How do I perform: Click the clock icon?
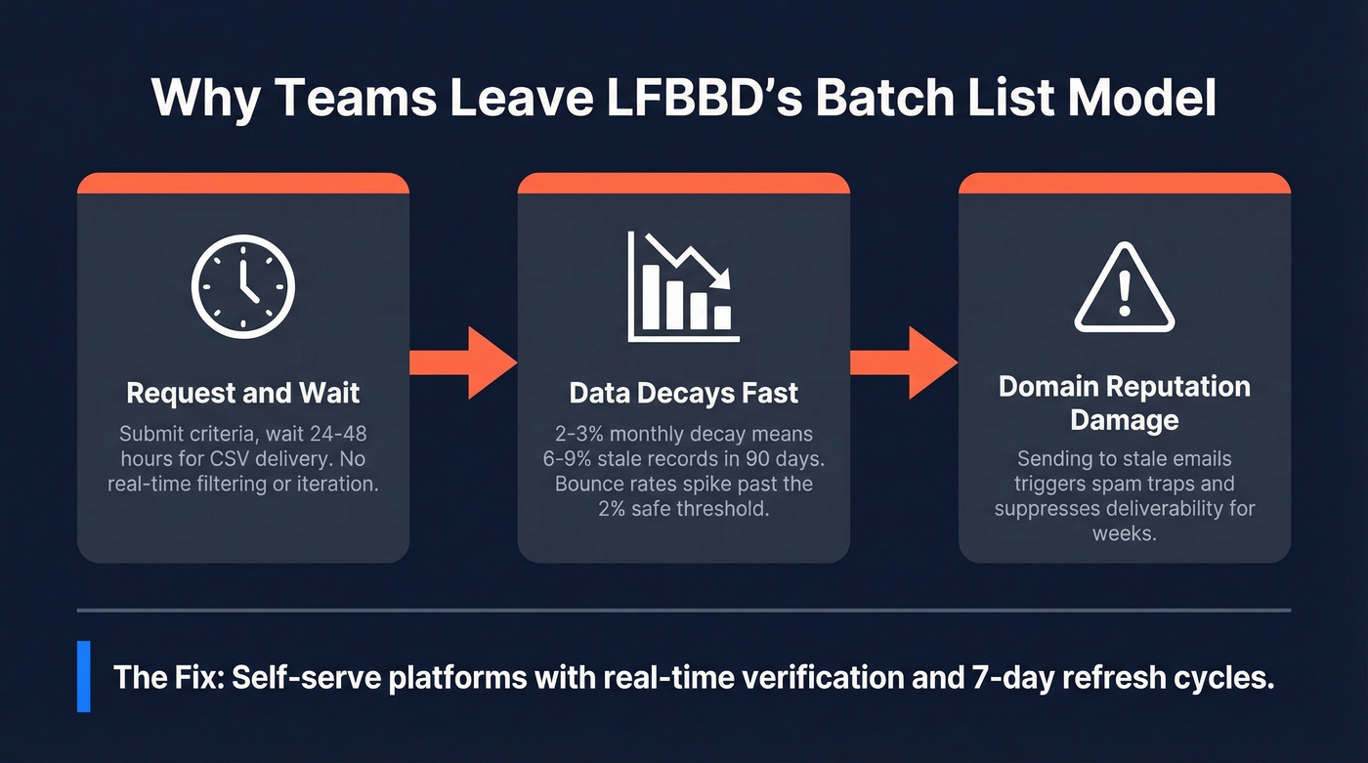(242, 287)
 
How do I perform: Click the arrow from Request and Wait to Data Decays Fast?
(462, 362)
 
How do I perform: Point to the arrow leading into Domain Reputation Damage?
(903, 362)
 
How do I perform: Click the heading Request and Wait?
(243, 394)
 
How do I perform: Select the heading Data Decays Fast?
(683, 394)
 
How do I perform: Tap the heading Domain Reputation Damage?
(1124, 403)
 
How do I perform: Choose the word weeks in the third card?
(1124, 533)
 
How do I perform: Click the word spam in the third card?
(1124, 484)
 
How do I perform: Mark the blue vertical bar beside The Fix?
(84, 676)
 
